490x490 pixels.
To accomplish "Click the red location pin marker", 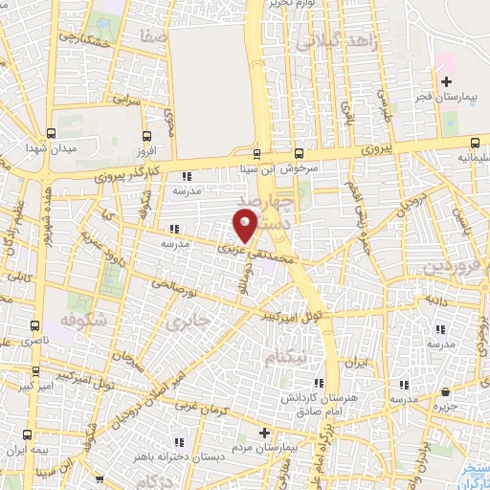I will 245,226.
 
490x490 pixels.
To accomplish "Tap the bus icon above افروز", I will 146,135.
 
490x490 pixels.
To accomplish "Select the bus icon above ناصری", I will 35,325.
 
